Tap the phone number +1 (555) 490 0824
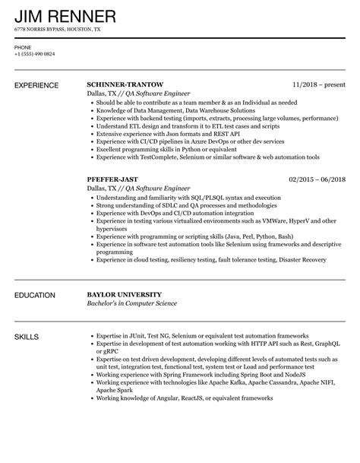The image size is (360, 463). pos(34,55)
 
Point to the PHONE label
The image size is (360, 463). pos(23,46)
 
